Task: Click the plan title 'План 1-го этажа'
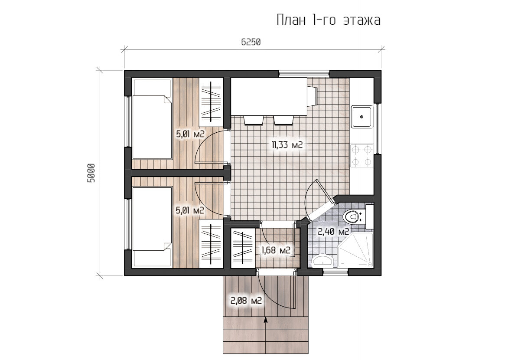[329, 20]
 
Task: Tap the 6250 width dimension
[251, 42]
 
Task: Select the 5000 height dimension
[91, 173]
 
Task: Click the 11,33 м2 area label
[287, 145]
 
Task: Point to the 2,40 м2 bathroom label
[333, 232]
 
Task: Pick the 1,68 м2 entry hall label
[275, 250]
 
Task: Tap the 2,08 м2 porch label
[246, 301]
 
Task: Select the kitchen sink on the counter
[361, 116]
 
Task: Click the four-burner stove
[361, 156]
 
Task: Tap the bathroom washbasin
[322, 261]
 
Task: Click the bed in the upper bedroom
[152, 120]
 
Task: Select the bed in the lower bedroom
[152, 227]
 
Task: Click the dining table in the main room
[269, 97]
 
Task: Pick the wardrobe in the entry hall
[243, 248]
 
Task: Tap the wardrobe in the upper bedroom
[211, 102]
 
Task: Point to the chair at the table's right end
[313, 96]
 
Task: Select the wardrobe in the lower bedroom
[211, 244]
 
